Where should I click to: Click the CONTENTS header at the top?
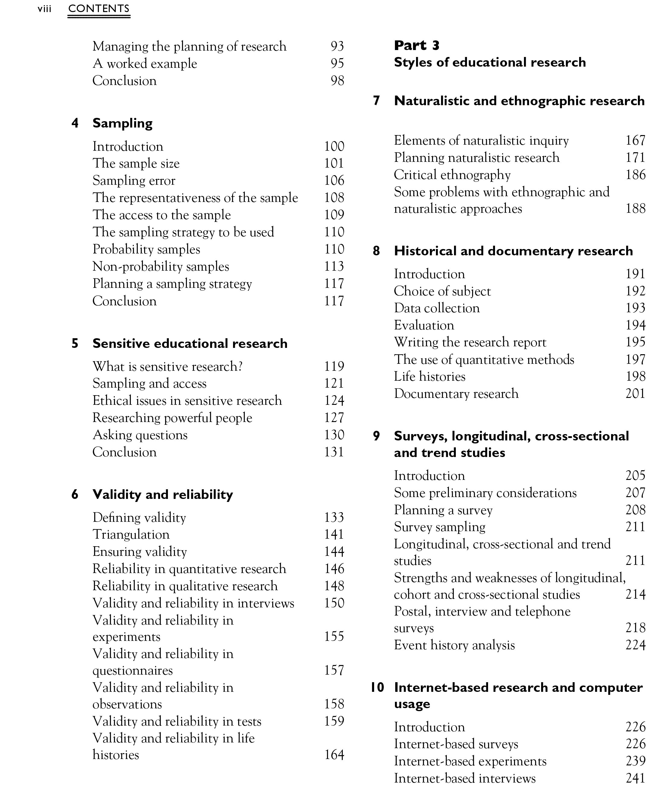[x=99, y=9]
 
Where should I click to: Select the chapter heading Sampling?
[x=122, y=123]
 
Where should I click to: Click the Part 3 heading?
[x=417, y=46]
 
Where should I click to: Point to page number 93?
[x=337, y=46]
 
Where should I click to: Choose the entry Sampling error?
[x=134, y=181]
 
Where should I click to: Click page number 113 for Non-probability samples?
[x=334, y=266]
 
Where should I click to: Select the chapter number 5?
[x=75, y=343]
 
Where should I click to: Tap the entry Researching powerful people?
[x=172, y=418]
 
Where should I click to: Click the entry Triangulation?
[x=131, y=534]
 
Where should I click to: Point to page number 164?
[x=334, y=755]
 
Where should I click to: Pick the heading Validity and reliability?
[x=162, y=495]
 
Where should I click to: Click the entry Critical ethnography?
[x=452, y=175]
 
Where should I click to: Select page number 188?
[x=635, y=209]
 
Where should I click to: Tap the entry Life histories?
[x=429, y=376]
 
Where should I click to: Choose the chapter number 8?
[x=376, y=251]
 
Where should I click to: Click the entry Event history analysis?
[x=454, y=645]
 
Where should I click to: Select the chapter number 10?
[x=377, y=687]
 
